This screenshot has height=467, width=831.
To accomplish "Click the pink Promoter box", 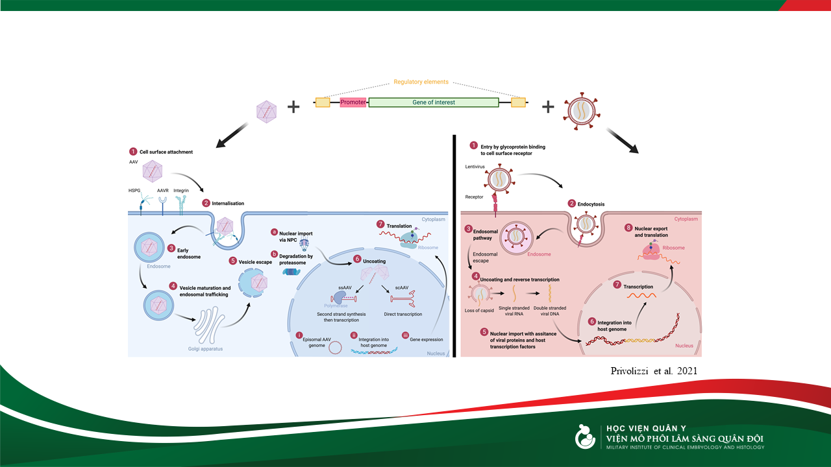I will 353,102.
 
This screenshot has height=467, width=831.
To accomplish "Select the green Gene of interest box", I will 433,102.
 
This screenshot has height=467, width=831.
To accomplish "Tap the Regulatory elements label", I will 421,82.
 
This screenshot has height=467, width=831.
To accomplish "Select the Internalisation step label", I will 228,203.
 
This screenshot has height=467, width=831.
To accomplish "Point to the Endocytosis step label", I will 591,204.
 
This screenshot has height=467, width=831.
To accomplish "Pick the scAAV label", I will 402,288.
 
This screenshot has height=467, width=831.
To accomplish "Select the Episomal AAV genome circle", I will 336,348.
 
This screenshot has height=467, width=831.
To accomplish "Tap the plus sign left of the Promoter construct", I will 293,106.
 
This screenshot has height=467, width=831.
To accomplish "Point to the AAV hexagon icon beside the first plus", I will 267,112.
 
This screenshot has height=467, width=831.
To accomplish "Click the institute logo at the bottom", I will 586,437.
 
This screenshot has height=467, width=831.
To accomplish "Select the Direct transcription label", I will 403,314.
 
